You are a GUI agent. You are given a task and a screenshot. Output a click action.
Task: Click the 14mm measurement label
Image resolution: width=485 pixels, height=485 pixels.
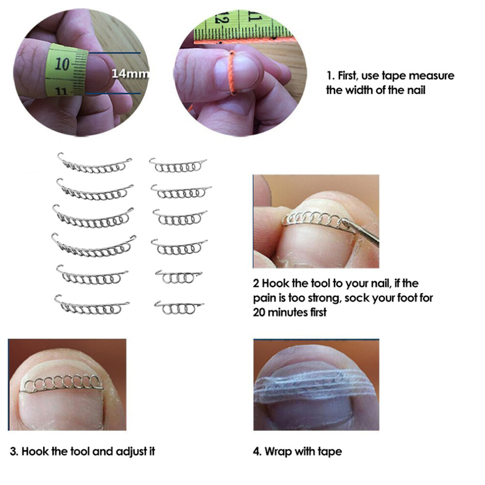[x=130, y=73]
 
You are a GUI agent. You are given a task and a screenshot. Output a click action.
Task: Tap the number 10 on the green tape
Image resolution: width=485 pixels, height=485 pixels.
[x=62, y=64]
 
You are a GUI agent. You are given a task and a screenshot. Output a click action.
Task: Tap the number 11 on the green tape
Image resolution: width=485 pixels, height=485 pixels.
[x=62, y=91]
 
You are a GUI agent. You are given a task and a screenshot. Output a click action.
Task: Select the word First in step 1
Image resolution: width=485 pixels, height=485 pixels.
[x=348, y=75]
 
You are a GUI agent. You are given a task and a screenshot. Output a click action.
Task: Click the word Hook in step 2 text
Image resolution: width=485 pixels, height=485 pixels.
[x=276, y=283]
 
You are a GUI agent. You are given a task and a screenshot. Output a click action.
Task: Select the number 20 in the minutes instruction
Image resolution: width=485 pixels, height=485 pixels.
[x=259, y=312]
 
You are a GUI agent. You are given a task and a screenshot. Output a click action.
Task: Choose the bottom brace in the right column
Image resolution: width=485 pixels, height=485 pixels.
[x=179, y=308]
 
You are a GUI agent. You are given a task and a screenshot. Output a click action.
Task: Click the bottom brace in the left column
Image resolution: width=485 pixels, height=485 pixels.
[x=91, y=306]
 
